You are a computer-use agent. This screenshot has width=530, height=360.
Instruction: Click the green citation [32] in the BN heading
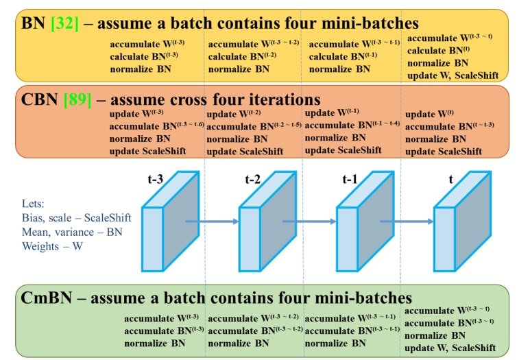point(64,23)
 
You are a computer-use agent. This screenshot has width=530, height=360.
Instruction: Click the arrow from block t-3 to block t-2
point(213,221)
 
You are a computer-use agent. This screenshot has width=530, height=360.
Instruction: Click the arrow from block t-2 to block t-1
point(310,221)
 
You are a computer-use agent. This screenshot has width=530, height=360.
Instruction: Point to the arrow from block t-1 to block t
point(407,221)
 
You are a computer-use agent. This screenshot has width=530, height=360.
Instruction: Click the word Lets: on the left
point(36,204)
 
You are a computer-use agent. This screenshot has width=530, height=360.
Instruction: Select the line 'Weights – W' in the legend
point(52,245)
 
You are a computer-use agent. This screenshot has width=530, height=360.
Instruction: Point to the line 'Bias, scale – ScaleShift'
point(76,218)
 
